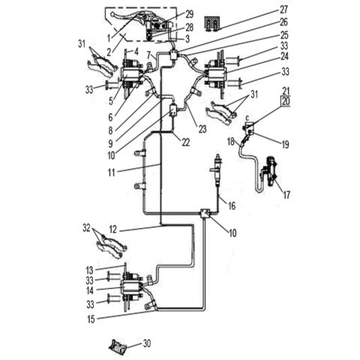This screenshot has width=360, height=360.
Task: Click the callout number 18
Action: pyautogui.click(x=230, y=140)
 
